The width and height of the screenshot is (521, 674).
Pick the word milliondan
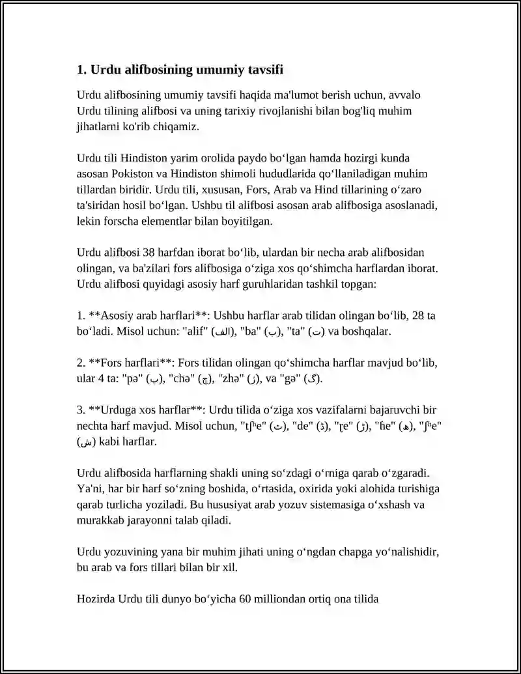pos(280,598)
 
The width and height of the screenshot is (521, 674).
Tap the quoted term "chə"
pos(180,379)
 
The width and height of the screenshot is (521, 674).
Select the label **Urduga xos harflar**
pos(141,410)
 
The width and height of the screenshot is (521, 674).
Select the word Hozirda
pos(96,598)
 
